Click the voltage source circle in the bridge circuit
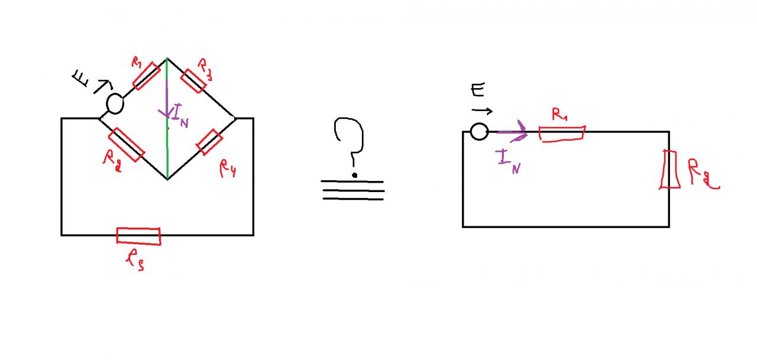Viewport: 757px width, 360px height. (x=115, y=103)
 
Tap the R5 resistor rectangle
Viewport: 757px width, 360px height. (x=138, y=235)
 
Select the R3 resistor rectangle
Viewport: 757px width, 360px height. (x=193, y=80)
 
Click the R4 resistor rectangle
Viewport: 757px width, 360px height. (x=209, y=142)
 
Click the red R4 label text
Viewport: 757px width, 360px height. (x=228, y=169)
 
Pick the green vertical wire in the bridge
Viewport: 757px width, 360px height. (x=167, y=148)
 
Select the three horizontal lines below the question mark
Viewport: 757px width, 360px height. (x=353, y=190)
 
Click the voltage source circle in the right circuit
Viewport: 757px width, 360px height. (x=479, y=131)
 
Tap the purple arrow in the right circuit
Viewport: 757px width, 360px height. (x=512, y=132)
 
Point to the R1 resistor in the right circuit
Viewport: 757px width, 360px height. (x=562, y=133)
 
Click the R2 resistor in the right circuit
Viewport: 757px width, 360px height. (x=669, y=170)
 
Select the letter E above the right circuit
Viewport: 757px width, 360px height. (x=478, y=90)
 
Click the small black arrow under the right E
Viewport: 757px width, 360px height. (x=482, y=111)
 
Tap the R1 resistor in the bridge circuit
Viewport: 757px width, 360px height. (x=147, y=75)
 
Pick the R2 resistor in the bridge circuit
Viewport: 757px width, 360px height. (x=127, y=144)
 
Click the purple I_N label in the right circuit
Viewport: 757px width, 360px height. (x=508, y=161)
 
